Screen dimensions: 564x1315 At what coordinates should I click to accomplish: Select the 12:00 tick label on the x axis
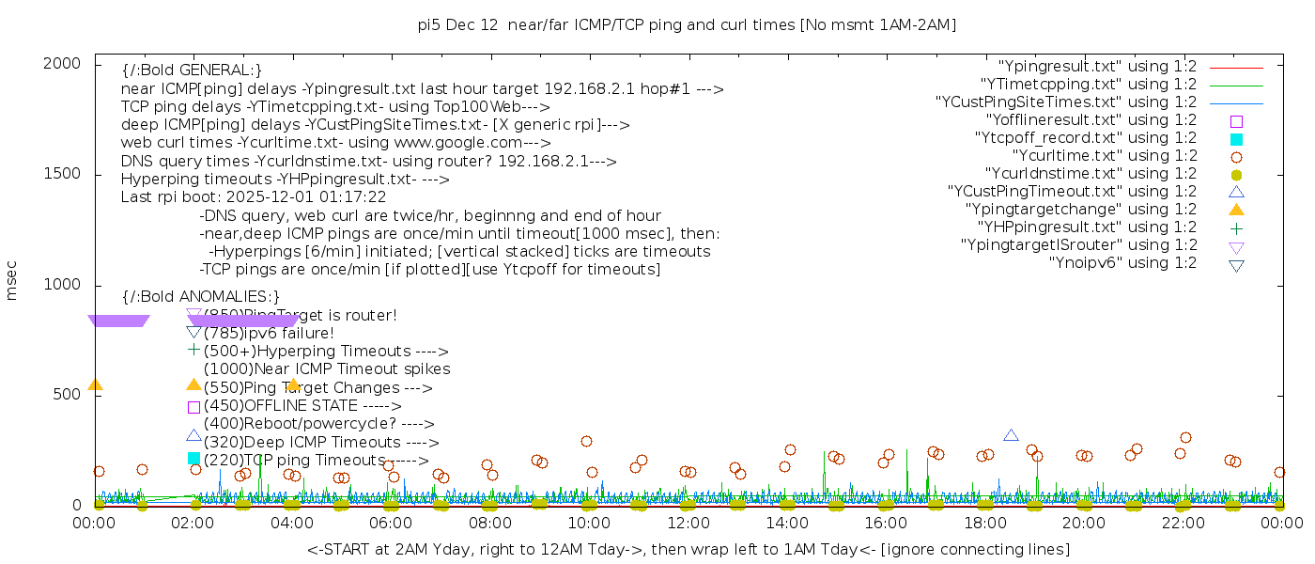pyautogui.click(x=688, y=524)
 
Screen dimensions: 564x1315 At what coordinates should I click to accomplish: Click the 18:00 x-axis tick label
pyautogui.click(x=984, y=524)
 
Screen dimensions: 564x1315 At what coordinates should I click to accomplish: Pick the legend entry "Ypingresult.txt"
pyautogui.click(x=1097, y=67)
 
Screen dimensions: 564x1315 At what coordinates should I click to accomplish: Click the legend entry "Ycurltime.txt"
pyautogui.click(x=1104, y=156)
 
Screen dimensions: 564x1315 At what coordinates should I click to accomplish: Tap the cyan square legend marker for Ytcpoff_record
pyautogui.click(x=1236, y=139)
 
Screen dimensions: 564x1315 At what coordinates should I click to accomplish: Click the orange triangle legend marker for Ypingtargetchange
pyautogui.click(x=1236, y=210)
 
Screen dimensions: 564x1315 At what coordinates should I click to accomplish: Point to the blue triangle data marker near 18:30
pyautogui.click(x=1011, y=435)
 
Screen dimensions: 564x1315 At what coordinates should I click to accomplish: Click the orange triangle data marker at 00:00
pyautogui.click(x=95, y=384)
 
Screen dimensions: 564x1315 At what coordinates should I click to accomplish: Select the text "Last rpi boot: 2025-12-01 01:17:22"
pyautogui.click(x=254, y=197)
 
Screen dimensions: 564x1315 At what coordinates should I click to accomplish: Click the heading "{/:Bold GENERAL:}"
pyautogui.click(x=192, y=70)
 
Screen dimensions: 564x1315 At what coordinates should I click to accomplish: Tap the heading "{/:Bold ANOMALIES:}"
pyautogui.click(x=201, y=296)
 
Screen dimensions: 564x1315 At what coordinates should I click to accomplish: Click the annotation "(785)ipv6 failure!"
pyautogui.click(x=269, y=333)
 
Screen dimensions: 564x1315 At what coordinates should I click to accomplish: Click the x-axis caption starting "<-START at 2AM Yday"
pyautogui.click(x=688, y=549)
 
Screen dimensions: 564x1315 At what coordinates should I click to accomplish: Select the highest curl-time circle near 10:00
pyautogui.click(x=586, y=441)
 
